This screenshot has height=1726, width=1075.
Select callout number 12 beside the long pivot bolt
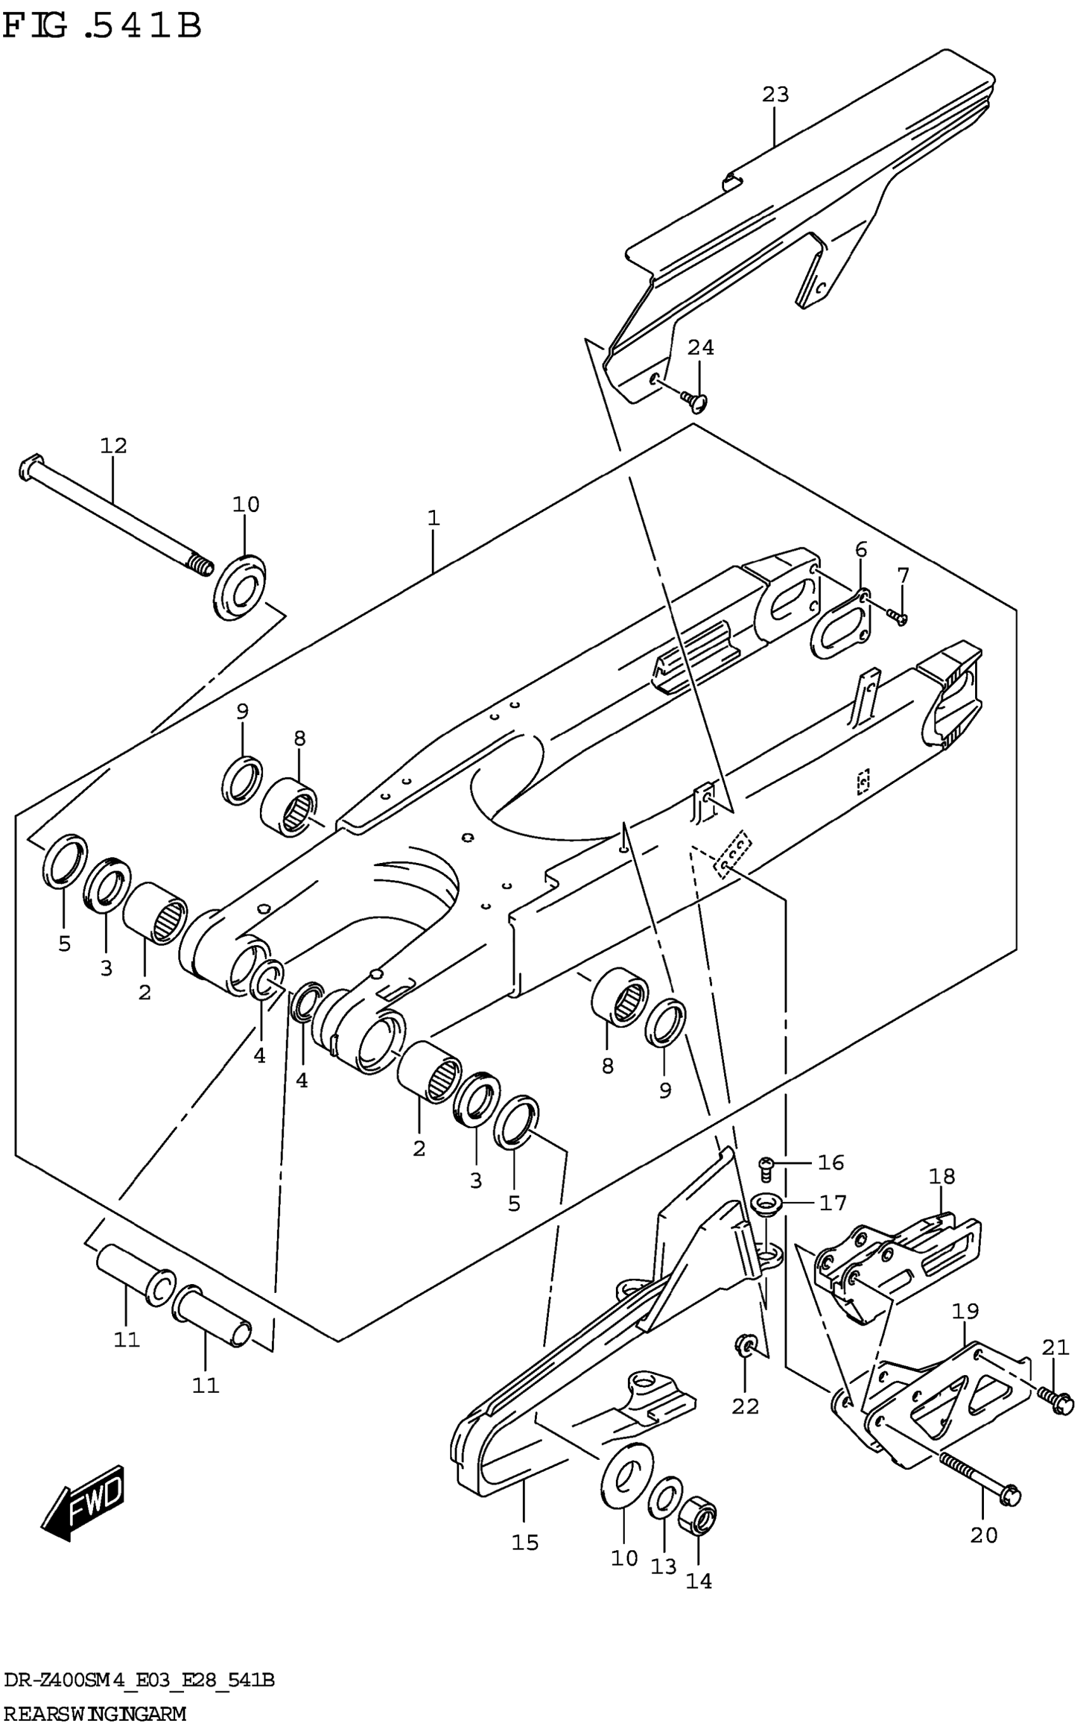pos(113,446)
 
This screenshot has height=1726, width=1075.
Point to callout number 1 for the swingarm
pos(434,518)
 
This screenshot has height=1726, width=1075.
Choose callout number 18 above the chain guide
pos(942,1177)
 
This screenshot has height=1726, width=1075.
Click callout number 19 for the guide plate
pos(966,1310)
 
